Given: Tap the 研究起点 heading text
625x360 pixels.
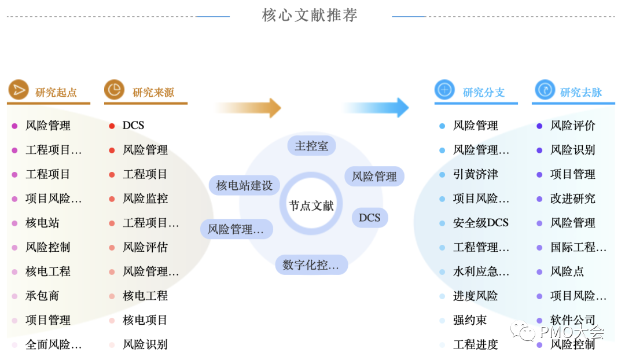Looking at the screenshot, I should [x=56, y=93].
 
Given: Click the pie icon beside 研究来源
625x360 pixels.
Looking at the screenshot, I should [x=114, y=90].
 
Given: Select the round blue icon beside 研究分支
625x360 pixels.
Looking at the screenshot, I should [x=444, y=90].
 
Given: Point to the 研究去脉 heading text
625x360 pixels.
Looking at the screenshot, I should [x=581, y=93].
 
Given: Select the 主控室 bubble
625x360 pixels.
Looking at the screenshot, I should [x=311, y=146].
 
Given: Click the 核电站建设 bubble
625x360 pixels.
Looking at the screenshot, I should [x=244, y=185].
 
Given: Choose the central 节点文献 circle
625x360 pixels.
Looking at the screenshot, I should [x=311, y=205].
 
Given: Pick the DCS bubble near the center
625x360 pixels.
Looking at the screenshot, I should [x=370, y=218].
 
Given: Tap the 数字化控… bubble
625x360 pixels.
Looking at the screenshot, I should [x=311, y=265].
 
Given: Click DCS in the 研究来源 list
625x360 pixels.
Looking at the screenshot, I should [x=133, y=126].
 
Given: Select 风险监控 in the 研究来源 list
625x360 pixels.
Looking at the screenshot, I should [x=145, y=199].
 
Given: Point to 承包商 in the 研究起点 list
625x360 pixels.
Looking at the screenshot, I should [x=42, y=296].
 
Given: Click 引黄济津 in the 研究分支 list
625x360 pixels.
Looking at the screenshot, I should [x=475, y=174].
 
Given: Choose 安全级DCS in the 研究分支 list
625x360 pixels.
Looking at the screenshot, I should [x=480, y=223].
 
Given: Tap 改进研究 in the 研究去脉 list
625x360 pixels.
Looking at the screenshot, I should [x=572, y=199].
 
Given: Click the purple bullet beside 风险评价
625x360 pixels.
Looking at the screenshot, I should [x=539, y=126].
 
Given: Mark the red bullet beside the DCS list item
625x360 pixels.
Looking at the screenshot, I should [x=112, y=126].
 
